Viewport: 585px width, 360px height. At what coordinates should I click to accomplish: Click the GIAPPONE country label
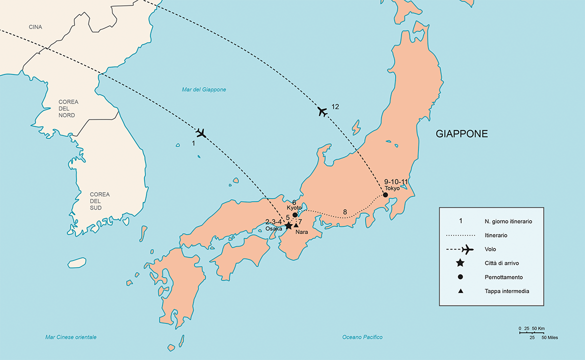click(461, 134)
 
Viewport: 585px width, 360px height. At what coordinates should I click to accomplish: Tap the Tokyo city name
click(392, 188)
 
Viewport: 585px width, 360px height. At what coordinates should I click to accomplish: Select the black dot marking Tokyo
click(385, 195)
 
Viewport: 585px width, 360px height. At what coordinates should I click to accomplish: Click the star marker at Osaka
click(288, 226)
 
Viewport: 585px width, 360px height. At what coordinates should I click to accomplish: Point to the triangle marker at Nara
click(296, 225)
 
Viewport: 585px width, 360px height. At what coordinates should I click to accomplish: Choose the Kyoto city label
click(294, 207)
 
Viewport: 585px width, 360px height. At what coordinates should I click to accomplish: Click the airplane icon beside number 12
click(322, 111)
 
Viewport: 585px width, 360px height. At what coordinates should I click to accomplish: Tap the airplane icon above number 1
click(201, 133)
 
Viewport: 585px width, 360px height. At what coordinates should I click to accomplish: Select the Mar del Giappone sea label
click(203, 90)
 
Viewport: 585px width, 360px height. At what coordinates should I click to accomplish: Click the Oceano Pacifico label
click(362, 337)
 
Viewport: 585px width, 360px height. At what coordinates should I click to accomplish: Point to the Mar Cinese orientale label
click(70, 337)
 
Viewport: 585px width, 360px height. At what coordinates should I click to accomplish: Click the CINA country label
click(35, 27)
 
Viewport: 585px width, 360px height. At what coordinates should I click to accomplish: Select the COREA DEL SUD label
click(99, 200)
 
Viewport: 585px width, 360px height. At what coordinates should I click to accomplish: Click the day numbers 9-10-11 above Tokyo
click(396, 181)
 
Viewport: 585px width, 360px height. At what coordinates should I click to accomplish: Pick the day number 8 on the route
click(344, 212)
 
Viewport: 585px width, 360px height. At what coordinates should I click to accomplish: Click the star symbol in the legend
click(460, 263)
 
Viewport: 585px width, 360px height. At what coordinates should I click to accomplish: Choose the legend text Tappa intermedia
click(506, 291)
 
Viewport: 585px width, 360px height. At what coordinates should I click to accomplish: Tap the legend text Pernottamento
click(503, 277)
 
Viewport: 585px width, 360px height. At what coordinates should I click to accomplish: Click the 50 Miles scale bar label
click(549, 337)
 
